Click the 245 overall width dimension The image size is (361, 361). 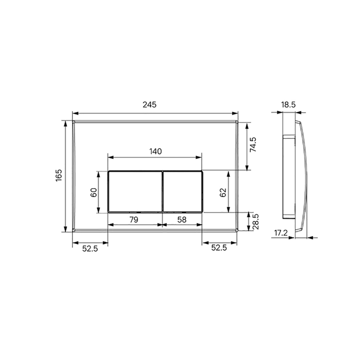point(149,105)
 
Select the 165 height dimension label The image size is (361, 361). point(59,176)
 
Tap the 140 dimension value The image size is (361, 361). point(155,151)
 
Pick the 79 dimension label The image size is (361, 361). point(134,219)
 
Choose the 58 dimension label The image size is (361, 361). point(181,219)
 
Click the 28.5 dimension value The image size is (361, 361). point(255,221)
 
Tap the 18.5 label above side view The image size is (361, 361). point(288,105)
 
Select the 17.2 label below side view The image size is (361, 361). point(280,233)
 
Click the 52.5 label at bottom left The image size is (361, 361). point(90,248)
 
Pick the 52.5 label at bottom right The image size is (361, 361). point(219,248)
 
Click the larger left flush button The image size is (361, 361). point(135,191)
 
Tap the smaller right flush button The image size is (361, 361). point(183,191)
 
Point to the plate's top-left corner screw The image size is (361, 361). point(74,123)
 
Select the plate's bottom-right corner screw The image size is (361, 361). point(236,230)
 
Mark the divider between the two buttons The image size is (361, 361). point(162,191)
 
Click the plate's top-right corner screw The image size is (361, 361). point(236,123)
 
